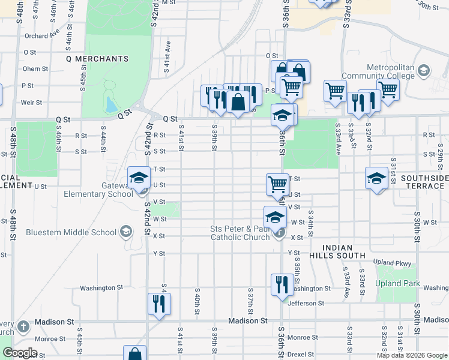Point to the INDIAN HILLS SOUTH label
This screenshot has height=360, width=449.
click(344, 251)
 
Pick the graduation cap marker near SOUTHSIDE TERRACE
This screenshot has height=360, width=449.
click(376, 178)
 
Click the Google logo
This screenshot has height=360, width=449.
click(20, 353)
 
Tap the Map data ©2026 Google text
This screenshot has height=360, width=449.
click(411, 355)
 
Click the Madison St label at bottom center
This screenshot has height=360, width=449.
click(247, 321)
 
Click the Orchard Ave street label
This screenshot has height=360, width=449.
click(42, 35)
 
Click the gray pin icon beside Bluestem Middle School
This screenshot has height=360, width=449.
click(125, 231)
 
